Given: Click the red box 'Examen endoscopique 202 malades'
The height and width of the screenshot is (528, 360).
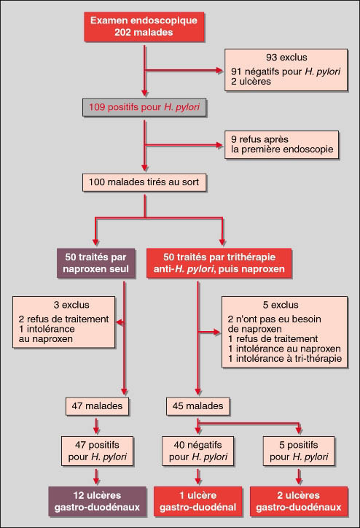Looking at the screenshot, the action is [x=144, y=26].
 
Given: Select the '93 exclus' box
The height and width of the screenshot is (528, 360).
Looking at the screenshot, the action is [x=286, y=70].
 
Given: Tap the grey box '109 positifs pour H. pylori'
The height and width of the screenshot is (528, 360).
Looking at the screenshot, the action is [x=144, y=107].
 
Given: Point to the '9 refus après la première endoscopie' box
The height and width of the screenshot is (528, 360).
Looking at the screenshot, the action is [x=281, y=145].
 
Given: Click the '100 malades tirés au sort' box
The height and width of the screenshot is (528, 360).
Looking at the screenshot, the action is [x=144, y=182].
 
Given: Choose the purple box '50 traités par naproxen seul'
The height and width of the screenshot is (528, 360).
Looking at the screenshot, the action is [x=96, y=263].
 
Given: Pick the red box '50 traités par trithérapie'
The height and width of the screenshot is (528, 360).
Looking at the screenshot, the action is [x=219, y=263].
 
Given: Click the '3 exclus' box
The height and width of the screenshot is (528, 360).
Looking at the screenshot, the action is [x=64, y=322].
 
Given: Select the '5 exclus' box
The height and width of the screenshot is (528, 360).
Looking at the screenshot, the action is [x=284, y=332].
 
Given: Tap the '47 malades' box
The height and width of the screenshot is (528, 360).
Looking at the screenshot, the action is [x=97, y=406].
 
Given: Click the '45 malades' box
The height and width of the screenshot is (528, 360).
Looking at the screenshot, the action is [x=197, y=406].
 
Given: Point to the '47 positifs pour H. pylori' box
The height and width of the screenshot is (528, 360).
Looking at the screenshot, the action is [x=97, y=451].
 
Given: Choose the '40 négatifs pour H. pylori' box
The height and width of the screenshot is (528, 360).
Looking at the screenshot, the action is [x=197, y=451].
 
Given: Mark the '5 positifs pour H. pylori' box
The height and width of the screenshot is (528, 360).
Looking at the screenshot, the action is [x=299, y=451].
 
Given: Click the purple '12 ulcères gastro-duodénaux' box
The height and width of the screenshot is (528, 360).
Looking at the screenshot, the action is [x=97, y=502].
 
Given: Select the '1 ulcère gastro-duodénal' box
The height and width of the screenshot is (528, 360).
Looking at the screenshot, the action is [x=197, y=502].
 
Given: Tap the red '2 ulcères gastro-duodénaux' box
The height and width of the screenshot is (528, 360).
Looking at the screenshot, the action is [x=299, y=502].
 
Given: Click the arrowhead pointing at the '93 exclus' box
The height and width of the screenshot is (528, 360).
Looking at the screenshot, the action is [x=219, y=71].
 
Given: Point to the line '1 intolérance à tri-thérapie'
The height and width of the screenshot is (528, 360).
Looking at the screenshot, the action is [x=285, y=359].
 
